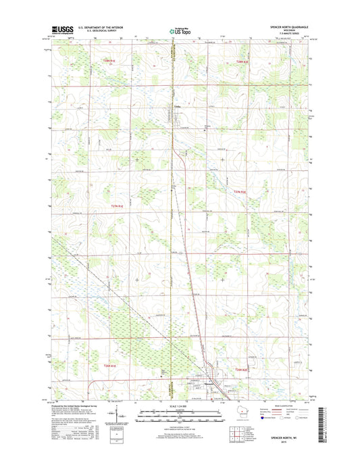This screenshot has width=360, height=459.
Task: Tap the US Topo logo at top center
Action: point(180,30)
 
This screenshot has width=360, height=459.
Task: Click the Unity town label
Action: point(177,105)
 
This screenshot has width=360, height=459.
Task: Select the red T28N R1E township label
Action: point(110,61)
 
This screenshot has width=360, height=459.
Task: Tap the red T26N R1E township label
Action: point(110,366)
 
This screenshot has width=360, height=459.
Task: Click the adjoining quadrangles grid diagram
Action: point(234,425)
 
